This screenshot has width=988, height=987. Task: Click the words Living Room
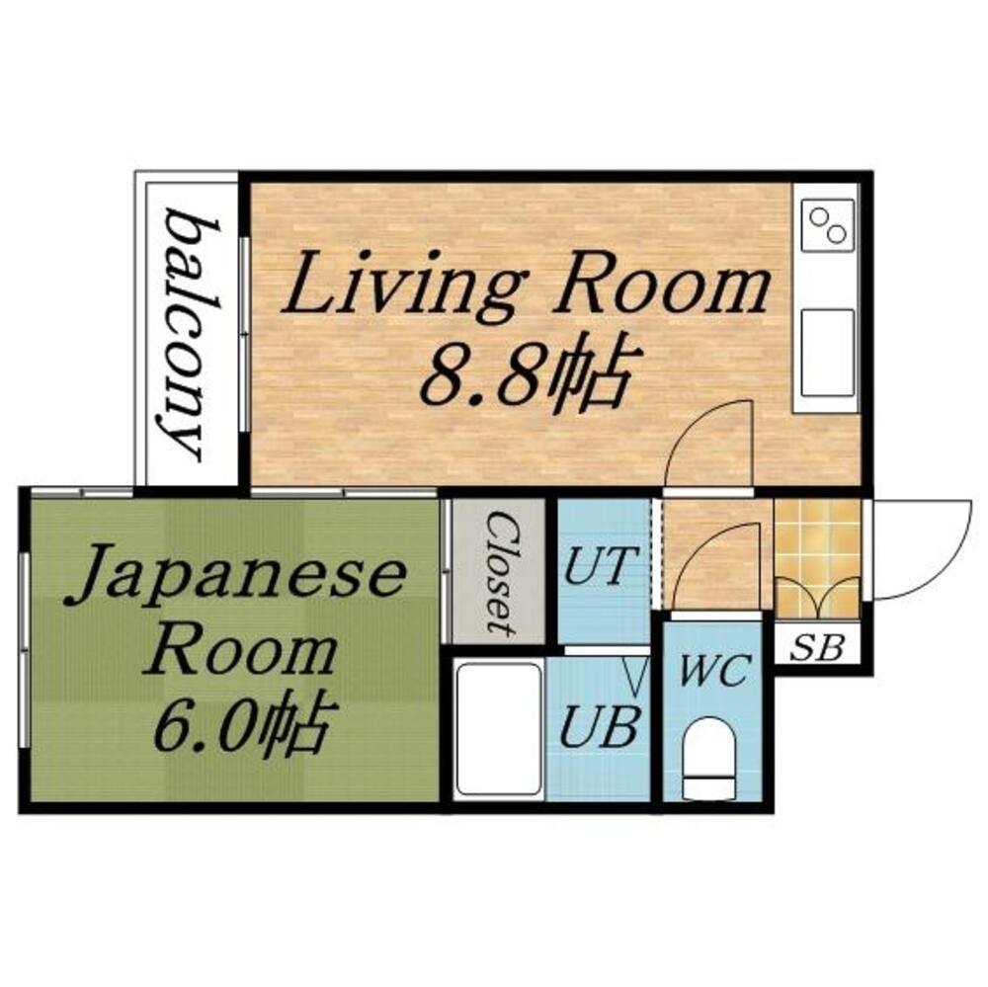click(x=526, y=286)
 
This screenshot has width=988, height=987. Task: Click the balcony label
click(x=187, y=333)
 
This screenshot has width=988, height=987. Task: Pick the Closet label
click(x=499, y=571)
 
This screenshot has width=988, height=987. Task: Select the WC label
click(x=712, y=675)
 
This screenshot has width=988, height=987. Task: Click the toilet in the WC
click(x=710, y=757)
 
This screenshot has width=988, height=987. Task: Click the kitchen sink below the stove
click(x=827, y=352)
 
